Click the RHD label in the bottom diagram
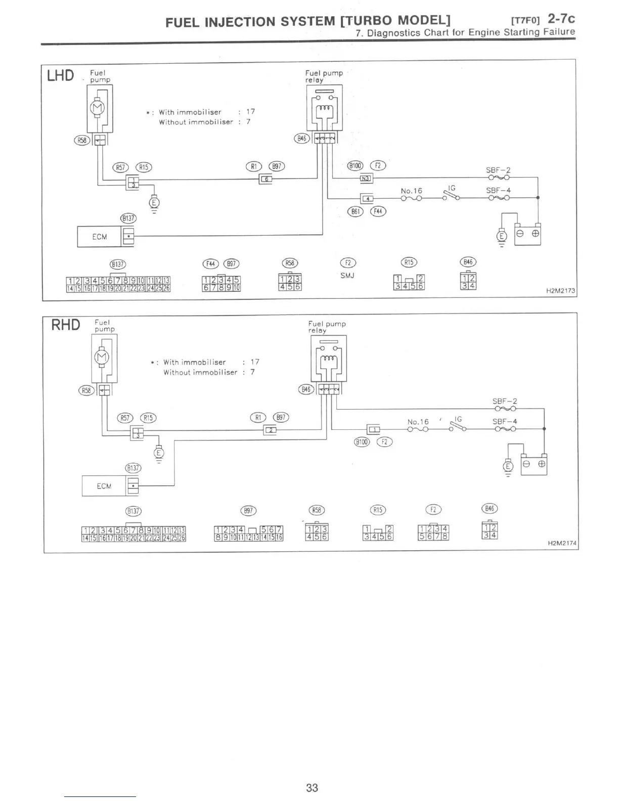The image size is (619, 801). pyautogui.click(x=66, y=325)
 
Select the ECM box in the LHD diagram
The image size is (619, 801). pyautogui.click(x=99, y=237)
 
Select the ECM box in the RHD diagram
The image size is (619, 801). pyautogui.click(x=104, y=486)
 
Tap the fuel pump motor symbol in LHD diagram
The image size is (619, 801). pyautogui.click(x=96, y=107)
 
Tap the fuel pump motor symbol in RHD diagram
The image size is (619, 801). pyautogui.click(x=102, y=357)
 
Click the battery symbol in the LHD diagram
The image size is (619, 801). pyautogui.click(x=527, y=235)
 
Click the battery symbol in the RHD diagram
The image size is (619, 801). pyautogui.click(x=534, y=464)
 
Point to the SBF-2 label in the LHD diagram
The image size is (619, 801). pyautogui.click(x=498, y=170)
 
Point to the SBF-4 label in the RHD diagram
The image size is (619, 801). pyautogui.click(x=505, y=421)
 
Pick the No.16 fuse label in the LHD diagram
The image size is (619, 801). pyautogui.click(x=411, y=191)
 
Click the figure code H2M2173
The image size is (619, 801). pyautogui.click(x=560, y=292)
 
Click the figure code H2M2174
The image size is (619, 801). pyautogui.click(x=562, y=543)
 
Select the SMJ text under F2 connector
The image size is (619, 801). pyautogui.click(x=347, y=276)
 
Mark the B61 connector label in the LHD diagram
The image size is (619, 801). pyautogui.click(x=356, y=211)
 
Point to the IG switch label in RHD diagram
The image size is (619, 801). pyautogui.click(x=458, y=419)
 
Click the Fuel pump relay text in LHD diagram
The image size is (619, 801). pyautogui.click(x=324, y=76)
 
